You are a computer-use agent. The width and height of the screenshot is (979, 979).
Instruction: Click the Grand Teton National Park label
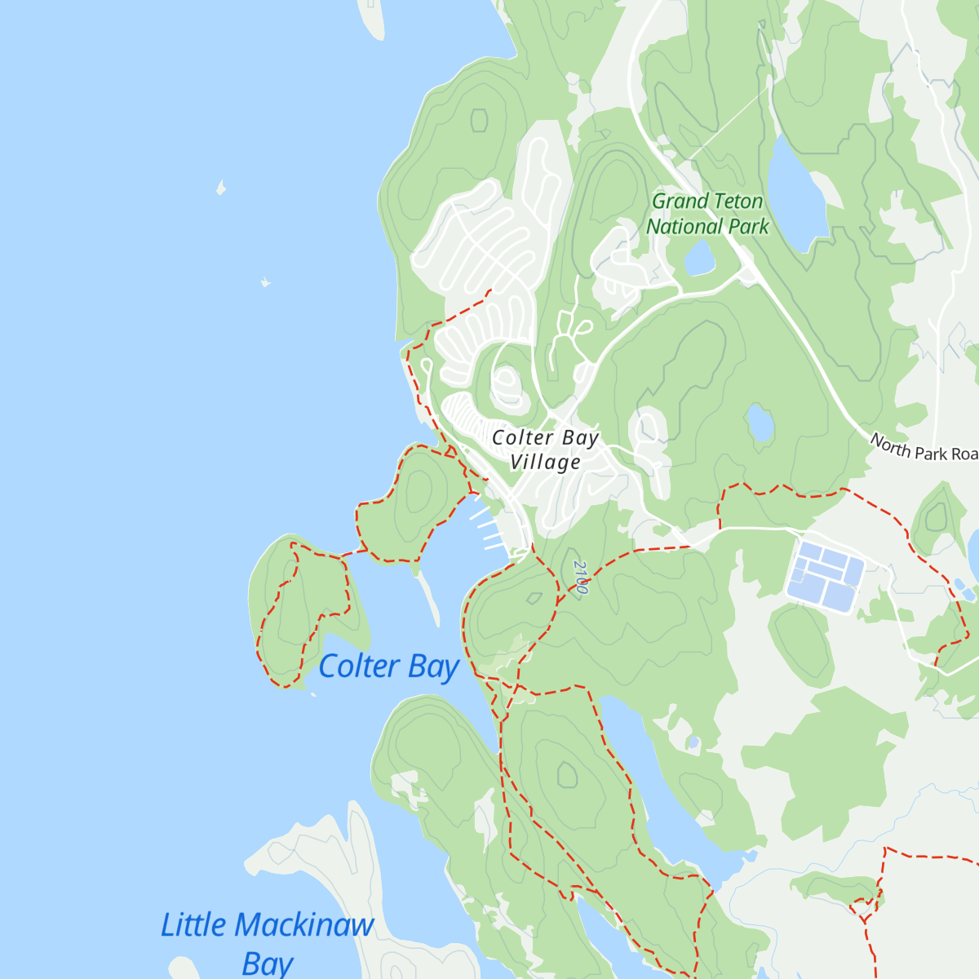(707, 214)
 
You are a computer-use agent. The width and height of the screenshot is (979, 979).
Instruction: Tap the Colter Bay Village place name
(545, 450)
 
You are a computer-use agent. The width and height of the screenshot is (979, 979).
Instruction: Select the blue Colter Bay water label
(388, 667)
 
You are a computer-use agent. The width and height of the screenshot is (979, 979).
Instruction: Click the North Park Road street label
(923, 448)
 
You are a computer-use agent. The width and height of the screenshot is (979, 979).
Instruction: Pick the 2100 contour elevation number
(580, 577)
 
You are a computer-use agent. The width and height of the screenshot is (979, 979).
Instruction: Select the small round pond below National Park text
(699, 259)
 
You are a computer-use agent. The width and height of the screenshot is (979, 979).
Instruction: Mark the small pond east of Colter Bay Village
(760, 423)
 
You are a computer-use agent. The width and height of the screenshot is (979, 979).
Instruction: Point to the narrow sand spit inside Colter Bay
(430, 600)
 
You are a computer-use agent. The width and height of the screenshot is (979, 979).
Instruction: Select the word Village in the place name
(545, 463)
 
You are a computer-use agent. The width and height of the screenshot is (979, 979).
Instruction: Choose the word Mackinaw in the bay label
(303, 926)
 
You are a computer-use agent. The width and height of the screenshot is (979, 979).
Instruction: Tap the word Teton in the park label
(738, 202)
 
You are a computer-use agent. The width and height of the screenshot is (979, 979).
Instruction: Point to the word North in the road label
(890, 444)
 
